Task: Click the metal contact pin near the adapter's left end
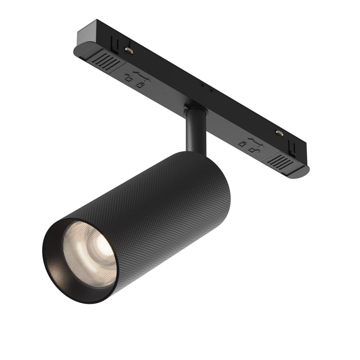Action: coord(129,51)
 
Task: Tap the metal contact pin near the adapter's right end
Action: coord(279,133)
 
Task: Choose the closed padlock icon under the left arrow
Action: coord(140,85)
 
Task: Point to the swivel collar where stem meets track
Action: coord(196,108)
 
